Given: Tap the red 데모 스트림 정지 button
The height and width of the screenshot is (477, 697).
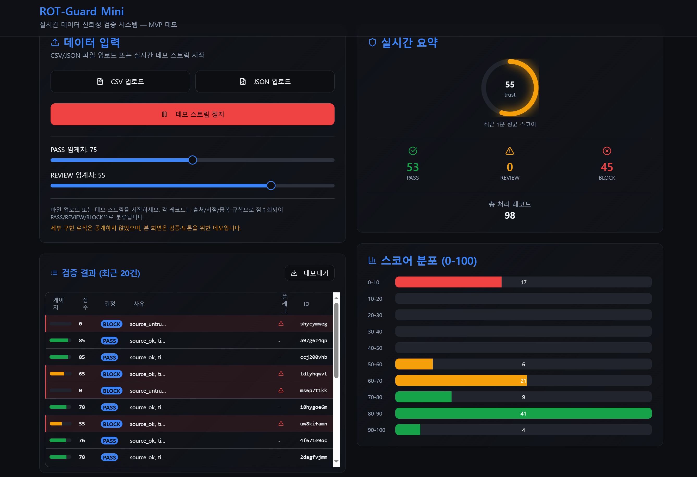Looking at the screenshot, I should tap(192, 114).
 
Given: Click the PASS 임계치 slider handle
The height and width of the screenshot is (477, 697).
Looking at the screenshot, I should tap(193, 160).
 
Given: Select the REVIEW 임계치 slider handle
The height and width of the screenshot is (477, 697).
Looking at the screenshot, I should tap(271, 185).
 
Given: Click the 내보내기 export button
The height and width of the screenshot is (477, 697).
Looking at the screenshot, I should tap(310, 273).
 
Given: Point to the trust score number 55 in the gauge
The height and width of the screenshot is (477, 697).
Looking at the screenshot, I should tap(510, 85).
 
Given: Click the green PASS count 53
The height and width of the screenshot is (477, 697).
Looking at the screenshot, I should tap(412, 167).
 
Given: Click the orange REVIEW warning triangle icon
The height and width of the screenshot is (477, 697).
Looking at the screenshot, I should tap(510, 151).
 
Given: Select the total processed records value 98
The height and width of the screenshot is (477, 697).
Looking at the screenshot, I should tap(510, 215).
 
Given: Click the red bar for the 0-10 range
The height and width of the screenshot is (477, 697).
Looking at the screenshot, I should tap(448, 282).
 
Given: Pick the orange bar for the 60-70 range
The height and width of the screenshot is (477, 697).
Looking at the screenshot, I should tap(461, 380).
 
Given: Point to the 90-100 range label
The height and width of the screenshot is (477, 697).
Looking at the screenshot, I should tap(377, 430).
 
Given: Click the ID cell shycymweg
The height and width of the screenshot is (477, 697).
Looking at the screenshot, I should tap(313, 324).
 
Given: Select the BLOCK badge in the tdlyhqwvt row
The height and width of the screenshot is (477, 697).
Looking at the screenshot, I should tap(112, 374).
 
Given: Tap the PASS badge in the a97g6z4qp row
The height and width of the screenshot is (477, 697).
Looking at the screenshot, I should tap(109, 341).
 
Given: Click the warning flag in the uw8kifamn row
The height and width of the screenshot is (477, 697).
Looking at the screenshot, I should tap(281, 424).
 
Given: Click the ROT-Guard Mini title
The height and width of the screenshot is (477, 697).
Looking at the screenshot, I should tap(82, 11).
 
